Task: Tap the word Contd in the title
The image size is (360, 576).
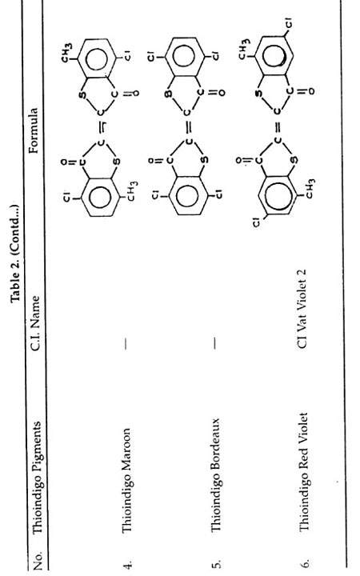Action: (15, 225)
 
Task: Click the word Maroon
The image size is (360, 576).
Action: (126, 447)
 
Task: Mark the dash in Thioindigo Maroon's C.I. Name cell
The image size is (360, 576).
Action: (126, 343)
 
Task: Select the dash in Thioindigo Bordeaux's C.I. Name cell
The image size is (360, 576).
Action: (215, 343)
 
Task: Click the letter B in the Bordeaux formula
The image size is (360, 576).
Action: (168, 94)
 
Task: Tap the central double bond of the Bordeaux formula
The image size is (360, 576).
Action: (188, 126)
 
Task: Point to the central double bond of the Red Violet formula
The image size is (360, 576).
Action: (278, 126)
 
